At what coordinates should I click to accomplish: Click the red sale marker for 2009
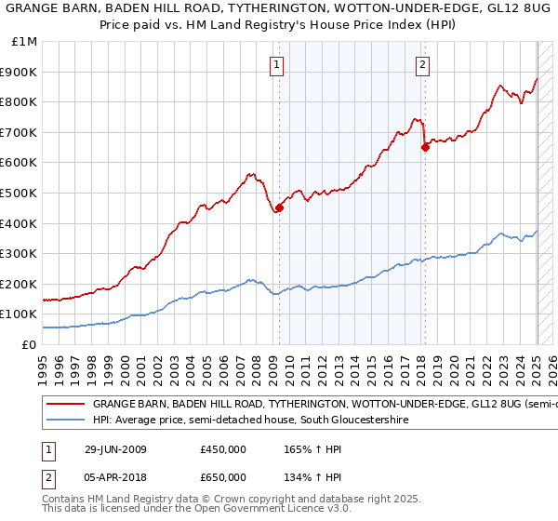pos(279,207)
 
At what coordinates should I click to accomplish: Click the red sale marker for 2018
pos(425,146)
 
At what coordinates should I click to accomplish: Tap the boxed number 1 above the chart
pos(278,64)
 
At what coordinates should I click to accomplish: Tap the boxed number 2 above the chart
pos(423,64)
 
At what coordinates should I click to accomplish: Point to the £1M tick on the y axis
pos(25,42)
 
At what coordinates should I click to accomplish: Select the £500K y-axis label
pos(20,193)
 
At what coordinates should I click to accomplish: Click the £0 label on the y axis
pos(29,344)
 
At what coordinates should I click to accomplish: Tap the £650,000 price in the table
pos(222,478)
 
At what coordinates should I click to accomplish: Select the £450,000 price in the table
pos(222,449)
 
